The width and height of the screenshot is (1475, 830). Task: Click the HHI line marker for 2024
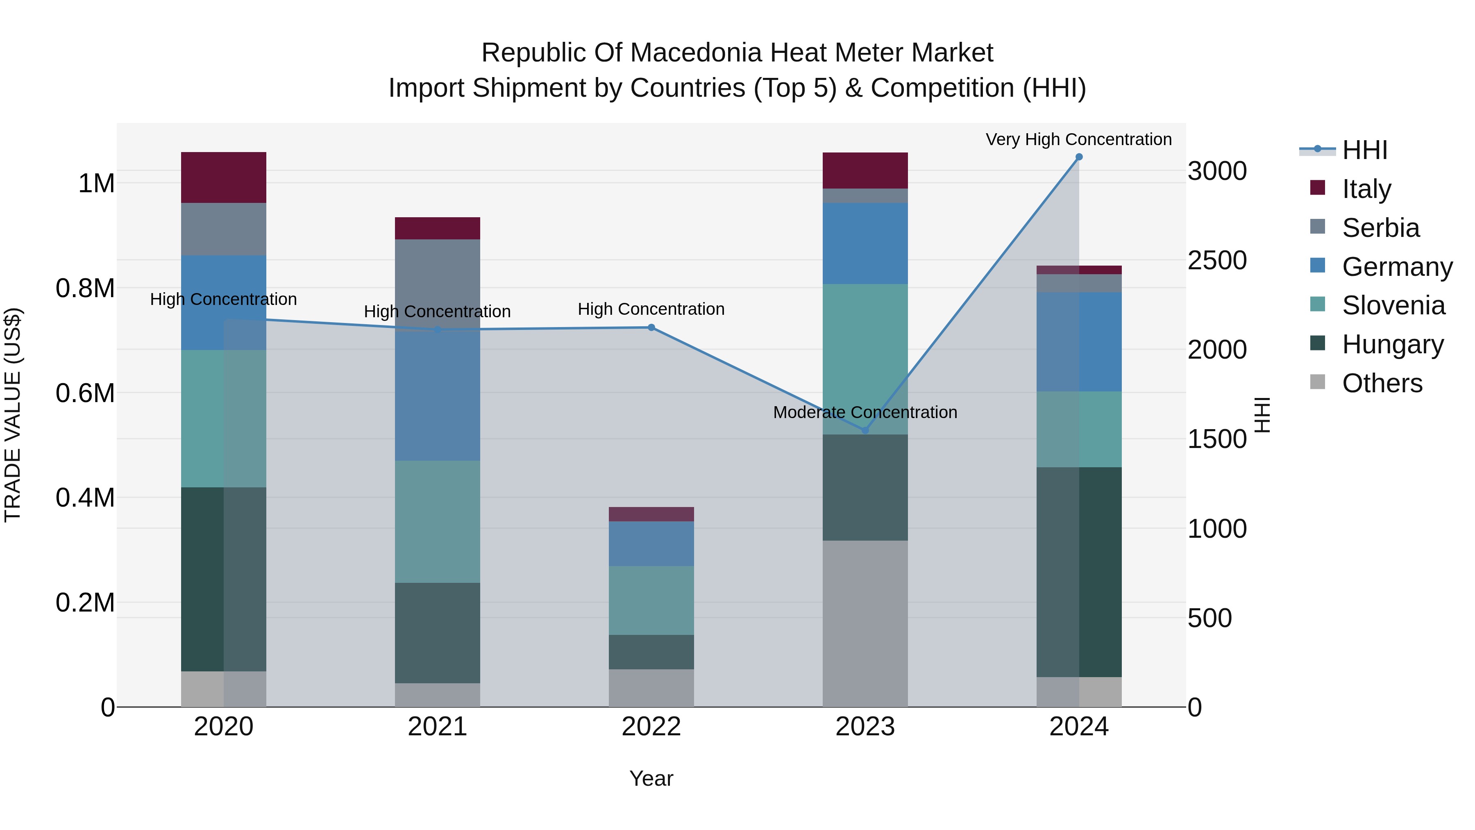1079,157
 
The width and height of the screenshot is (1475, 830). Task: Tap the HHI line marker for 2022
651,327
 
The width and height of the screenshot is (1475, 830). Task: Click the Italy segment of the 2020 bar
223,177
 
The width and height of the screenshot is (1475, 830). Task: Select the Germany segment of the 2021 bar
438,395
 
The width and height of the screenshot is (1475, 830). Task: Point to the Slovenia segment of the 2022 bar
651,600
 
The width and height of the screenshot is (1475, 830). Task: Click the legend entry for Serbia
1380,228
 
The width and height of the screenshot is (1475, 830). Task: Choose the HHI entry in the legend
1364,150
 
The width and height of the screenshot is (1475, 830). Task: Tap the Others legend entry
1381,383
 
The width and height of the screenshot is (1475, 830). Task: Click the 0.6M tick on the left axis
85,393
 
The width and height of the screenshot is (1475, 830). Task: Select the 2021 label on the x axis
438,727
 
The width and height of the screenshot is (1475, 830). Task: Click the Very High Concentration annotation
1078,139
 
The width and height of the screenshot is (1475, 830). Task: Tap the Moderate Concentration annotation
865,412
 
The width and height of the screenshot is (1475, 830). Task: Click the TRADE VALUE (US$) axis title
13,415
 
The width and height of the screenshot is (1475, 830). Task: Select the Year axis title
651,778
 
